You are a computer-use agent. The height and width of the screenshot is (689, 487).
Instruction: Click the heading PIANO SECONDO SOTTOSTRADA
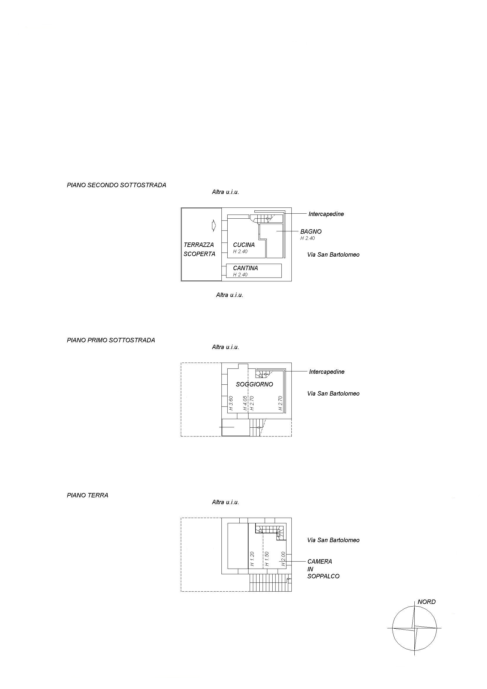pos(116,185)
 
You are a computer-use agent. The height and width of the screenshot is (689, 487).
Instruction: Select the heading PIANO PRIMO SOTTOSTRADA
pos(111,340)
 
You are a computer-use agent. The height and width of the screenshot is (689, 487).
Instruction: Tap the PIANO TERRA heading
pos(88,495)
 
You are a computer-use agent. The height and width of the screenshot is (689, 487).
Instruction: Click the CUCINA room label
pos(244,245)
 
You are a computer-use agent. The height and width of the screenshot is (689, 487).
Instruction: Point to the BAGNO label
pos(311,232)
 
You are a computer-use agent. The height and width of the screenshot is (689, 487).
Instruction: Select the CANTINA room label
pos(246,268)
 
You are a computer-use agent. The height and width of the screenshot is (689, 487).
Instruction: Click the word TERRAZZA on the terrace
pos(199,245)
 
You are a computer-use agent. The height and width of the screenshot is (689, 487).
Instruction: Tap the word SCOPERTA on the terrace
pos(199,254)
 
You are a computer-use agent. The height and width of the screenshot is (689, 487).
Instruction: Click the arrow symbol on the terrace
pos(214,225)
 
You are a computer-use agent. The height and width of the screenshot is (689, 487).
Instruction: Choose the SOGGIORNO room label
pos(255,384)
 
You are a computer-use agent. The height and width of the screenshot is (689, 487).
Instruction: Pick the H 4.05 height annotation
pos(245,403)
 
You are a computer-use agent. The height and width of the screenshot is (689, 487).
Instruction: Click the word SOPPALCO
pos(323,577)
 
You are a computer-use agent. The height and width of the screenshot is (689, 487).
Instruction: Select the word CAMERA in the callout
pos(320,562)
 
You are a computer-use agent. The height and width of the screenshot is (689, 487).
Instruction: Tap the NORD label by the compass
pos(427,602)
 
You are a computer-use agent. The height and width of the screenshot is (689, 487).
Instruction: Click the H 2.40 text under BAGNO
pos(308,238)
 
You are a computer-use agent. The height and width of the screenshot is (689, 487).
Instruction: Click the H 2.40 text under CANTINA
pos(240,275)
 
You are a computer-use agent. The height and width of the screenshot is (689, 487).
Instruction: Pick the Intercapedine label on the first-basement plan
pos(327,372)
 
